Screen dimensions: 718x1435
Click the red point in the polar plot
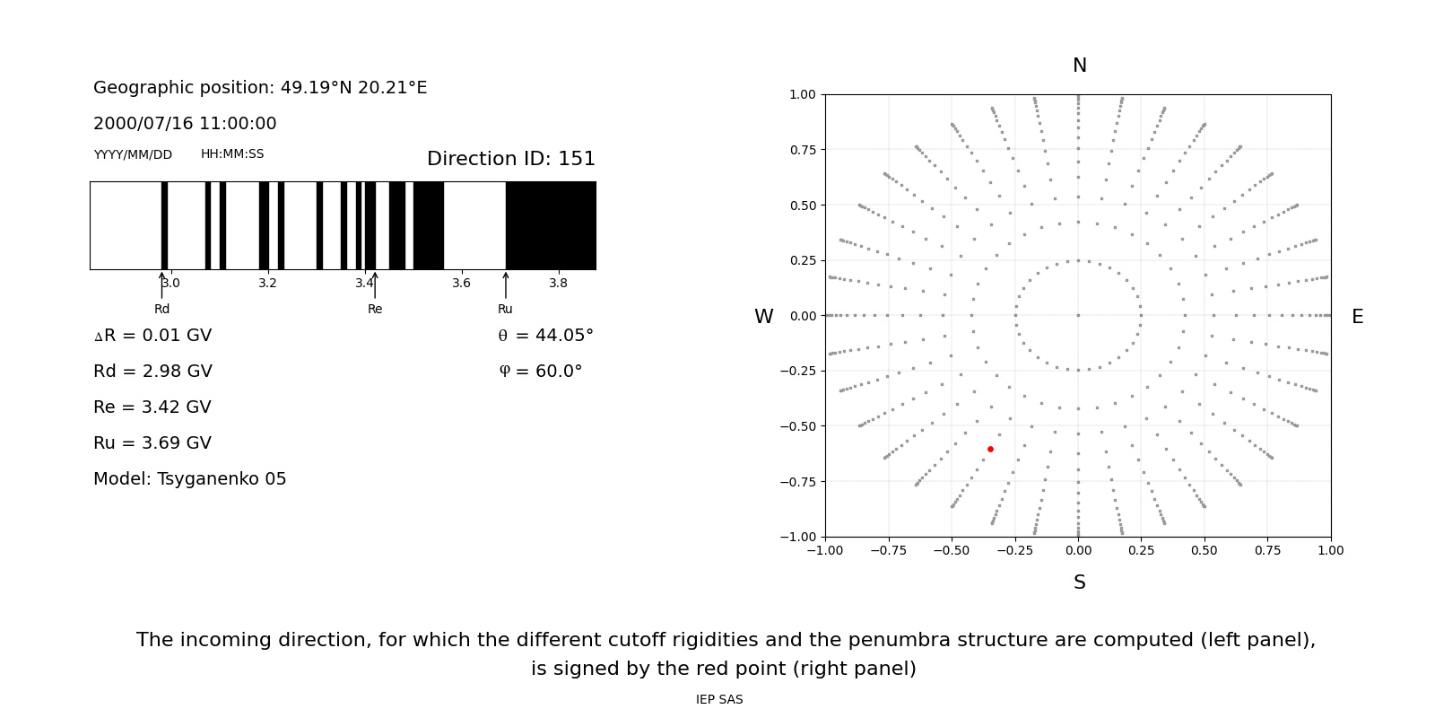pyautogui.click(x=990, y=449)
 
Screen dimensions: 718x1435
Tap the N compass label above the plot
pyautogui.click(x=1079, y=66)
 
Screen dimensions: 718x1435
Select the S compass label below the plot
pyautogui.click(x=1079, y=582)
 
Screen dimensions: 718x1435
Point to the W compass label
pyautogui.click(x=763, y=317)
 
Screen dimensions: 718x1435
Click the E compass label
pyautogui.click(x=1357, y=317)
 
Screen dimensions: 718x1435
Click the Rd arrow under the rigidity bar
pyautogui.click(x=162, y=285)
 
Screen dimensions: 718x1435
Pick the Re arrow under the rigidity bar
pyautogui.click(x=375, y=285)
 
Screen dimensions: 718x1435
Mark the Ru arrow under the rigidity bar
pyautogui.click(x=506, y=285)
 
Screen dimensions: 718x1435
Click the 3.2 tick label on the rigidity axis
pyautogui.click(x=267, y=284)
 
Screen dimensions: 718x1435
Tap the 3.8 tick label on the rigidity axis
pyautogui.click(x=558, y=284)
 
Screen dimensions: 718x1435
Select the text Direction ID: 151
pyautogui.click(x=510, y=159)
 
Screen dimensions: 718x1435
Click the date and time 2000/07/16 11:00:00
pyautogui.click(x=185, y=124)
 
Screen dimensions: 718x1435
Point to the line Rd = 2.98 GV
pyautogui.click(x=152, y=372)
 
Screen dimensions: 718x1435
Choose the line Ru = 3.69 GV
pyautogui.click(x=152, y=443)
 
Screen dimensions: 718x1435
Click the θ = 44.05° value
pyautogui.click(x=545, y=336)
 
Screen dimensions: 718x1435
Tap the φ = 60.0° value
pyautogui.click(x=540, y=372)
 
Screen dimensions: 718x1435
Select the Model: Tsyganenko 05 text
pyautogui.click(x=190, y=479)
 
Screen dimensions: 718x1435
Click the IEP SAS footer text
pyautogui.click(x=719, y=700)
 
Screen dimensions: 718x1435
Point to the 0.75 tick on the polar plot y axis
pyautogui.click(x=803, y=150)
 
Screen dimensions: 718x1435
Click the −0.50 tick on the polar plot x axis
pyautogui.click(x=952, y=550)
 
